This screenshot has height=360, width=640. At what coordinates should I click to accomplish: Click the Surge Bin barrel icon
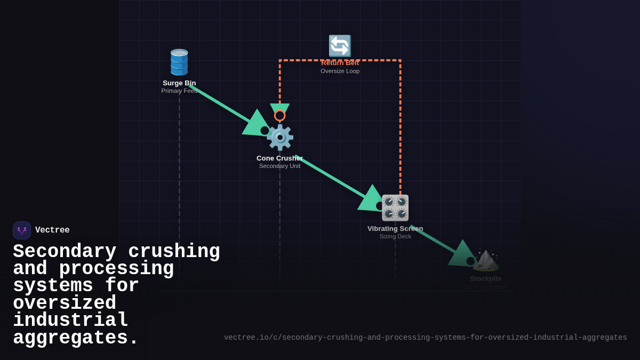coord(179,62)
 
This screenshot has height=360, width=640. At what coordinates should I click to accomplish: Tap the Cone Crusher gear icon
coord(280,138)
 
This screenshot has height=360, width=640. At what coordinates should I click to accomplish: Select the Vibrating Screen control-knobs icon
coord(395,208)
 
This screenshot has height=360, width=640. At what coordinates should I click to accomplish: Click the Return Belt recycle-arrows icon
coord(340,46)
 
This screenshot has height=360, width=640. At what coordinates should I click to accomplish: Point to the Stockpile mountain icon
coord(485,260)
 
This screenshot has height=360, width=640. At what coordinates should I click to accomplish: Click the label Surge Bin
coord(179,83)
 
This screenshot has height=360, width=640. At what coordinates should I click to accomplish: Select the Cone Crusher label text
coord(279,158)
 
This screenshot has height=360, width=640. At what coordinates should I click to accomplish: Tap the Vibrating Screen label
coord(395,228)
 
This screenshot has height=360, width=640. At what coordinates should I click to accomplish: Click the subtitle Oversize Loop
coord(340,71)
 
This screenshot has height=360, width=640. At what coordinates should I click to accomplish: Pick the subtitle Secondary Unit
coord(279,166)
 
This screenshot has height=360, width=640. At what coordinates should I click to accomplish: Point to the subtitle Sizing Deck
coord(395,236)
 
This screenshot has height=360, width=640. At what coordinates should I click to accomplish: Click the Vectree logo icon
coord(22,230)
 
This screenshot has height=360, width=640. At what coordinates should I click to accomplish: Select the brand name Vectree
coord(52,230)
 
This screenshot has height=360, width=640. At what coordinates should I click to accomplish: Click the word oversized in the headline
coord(65,303)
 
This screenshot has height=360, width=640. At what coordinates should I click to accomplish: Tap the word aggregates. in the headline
coord(76,338)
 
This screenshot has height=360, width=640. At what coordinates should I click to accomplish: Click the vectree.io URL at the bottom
coord(425,338)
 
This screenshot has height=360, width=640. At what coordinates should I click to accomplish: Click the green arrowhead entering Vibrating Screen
coord(371,199)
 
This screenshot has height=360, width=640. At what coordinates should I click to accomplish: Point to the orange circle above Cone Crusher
coord(279,115)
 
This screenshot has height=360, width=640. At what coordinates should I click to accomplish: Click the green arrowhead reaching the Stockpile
coord(461,254)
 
